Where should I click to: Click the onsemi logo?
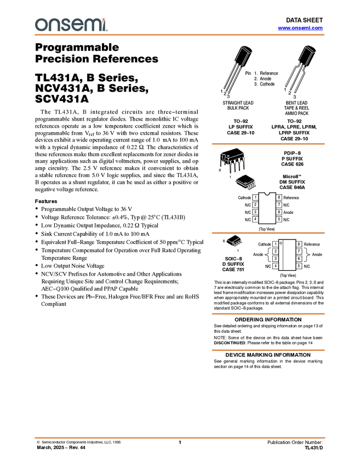pos(71,25)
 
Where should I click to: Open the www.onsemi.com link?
pos(300,28)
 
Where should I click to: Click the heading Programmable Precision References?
pos(96,53)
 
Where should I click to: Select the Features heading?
pos(46,201)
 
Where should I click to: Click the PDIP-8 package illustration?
pos(232,160)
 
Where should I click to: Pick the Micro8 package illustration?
pos(245,182)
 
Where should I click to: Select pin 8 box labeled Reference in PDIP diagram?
pos(279,197)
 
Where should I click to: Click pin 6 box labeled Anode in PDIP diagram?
pos(279,212)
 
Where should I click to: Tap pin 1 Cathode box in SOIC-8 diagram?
pos(276,244)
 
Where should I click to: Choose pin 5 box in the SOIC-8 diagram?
pos(299,266)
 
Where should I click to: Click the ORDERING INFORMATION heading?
pos(268,320)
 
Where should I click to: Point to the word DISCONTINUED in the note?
pos(230,343)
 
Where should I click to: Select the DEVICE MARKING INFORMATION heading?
pos(268,355)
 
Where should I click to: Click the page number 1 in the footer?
pos(180,442)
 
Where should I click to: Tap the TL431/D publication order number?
pos(313,447)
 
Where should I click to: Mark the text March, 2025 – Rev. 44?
pos(61,447)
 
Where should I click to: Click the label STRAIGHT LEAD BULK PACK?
pos(238,105)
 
